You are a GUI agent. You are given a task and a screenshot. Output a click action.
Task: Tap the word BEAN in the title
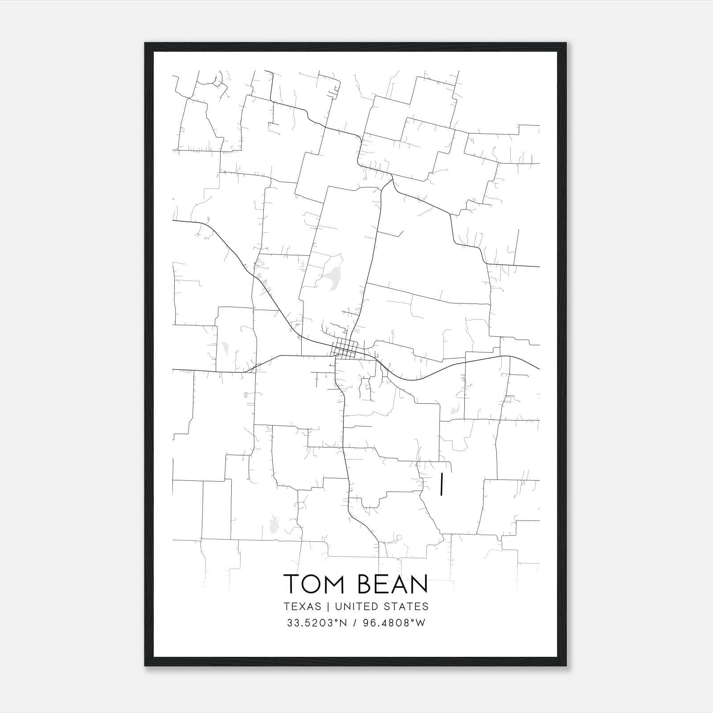393,584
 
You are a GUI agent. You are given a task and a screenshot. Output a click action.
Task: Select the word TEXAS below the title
302,606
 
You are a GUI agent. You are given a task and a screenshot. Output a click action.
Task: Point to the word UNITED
357,606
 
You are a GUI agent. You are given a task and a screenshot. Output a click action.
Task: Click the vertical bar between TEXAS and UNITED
328,606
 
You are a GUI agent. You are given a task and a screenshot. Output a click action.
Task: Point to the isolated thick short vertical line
441,485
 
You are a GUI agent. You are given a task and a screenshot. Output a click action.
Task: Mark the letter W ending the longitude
421,623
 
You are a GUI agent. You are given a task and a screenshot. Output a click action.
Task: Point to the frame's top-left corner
145,43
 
